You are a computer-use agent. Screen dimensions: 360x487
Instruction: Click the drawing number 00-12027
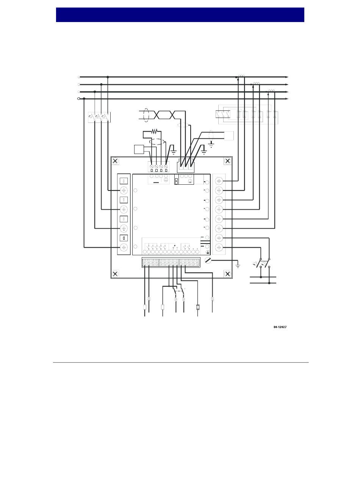point(280,327)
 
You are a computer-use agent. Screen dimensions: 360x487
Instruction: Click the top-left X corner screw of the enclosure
point(115,161)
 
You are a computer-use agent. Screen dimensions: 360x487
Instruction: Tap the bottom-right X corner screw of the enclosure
point(227,273)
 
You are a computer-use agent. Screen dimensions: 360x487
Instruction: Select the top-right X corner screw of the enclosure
point(227,161)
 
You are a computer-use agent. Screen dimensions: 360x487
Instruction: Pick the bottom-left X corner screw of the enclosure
point(115,273)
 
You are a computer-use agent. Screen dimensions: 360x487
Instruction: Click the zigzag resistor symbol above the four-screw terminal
point(154,132)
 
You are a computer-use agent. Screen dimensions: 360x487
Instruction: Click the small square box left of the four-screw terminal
point(139,149)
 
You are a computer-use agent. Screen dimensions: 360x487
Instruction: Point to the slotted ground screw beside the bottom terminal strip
point(207,261)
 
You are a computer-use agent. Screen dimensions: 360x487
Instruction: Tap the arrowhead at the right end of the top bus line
point(287,77)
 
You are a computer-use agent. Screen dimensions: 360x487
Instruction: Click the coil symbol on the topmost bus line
point(240,75)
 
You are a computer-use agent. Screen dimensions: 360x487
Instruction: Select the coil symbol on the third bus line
point(271,90)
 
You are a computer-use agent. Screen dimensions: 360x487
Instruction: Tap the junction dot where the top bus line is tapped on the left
point(108,77)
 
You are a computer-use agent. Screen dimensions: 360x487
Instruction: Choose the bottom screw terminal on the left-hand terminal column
point(124,248)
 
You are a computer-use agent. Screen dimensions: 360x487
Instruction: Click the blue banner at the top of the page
point(180,15)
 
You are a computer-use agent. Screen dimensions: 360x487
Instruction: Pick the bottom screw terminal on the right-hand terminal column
point(219,248)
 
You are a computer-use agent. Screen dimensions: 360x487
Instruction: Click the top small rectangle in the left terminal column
point(124,181)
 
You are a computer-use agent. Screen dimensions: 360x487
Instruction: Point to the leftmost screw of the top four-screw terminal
point(151,167)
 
